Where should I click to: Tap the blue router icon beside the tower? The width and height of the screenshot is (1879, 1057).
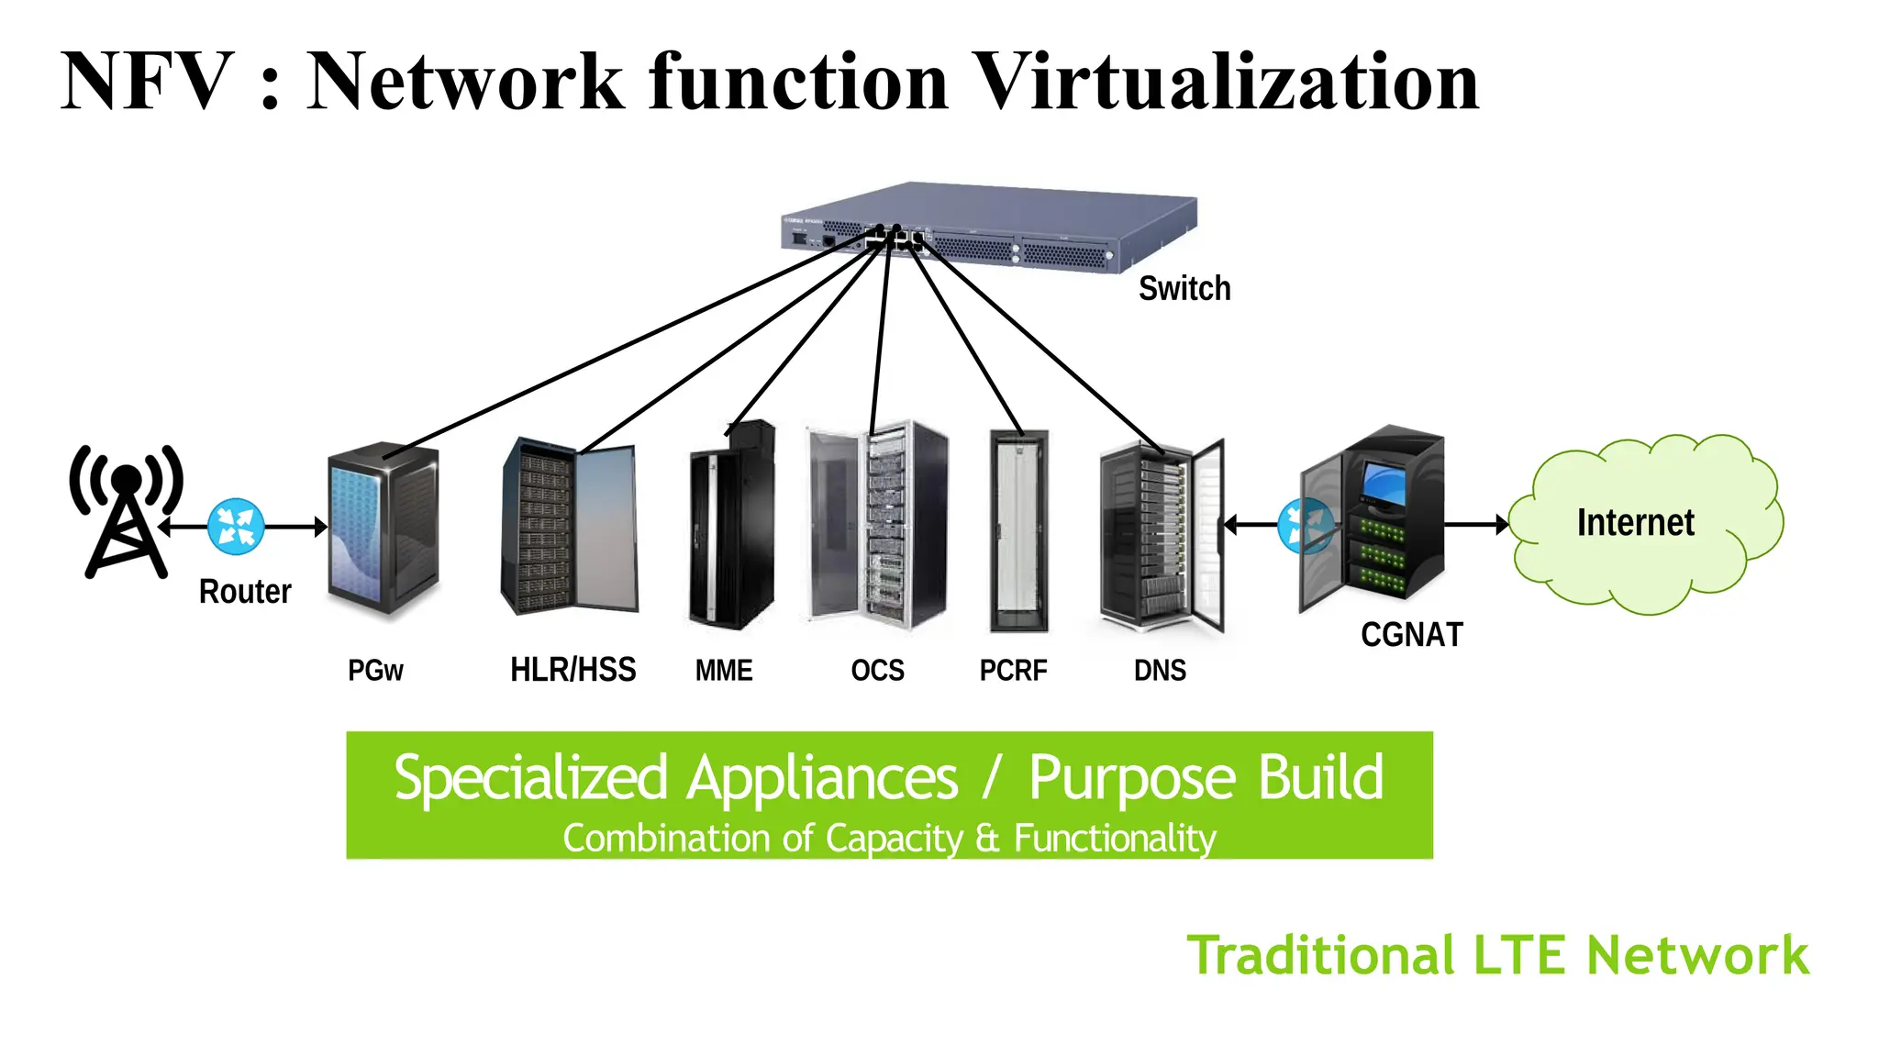tap(236, 526)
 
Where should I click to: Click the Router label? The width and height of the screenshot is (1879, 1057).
tap(245, 592)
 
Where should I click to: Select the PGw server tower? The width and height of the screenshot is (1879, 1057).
tap(383, 529)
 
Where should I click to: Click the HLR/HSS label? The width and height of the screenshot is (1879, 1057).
tap(573, 670)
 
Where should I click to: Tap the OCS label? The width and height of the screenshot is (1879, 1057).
tap(877, 671)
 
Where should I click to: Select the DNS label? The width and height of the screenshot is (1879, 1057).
tap(1160, 671)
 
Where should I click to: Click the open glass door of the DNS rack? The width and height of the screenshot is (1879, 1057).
tap(1209, 535)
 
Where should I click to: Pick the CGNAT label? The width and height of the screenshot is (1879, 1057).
tap(1411, 635)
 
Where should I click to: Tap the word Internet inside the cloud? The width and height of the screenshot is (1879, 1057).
tap(1635, 523)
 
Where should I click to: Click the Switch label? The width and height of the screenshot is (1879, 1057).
tap(1184, 289)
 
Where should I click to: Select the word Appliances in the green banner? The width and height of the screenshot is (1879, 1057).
tap(822, 779)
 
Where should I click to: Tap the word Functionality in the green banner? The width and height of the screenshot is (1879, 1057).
tap(1115, 839)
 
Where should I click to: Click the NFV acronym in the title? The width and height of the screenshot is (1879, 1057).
tap(147, 83)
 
